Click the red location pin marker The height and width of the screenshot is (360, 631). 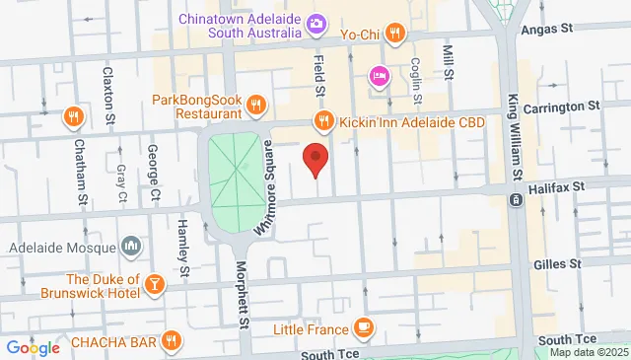point(315,158)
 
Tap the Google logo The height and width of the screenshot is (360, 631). point(34,347)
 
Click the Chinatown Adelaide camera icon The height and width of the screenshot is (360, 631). point(316,23)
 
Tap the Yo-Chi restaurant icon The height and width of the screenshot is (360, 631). point(394,33)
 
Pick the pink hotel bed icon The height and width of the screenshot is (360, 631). point(378,76)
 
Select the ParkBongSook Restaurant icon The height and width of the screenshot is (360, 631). point(255,105)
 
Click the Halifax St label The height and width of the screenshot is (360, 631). point(559,184)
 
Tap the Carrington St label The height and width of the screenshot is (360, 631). point(568,105)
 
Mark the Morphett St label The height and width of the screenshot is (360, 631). point(243,294)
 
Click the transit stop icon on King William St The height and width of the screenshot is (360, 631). point(516,200)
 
